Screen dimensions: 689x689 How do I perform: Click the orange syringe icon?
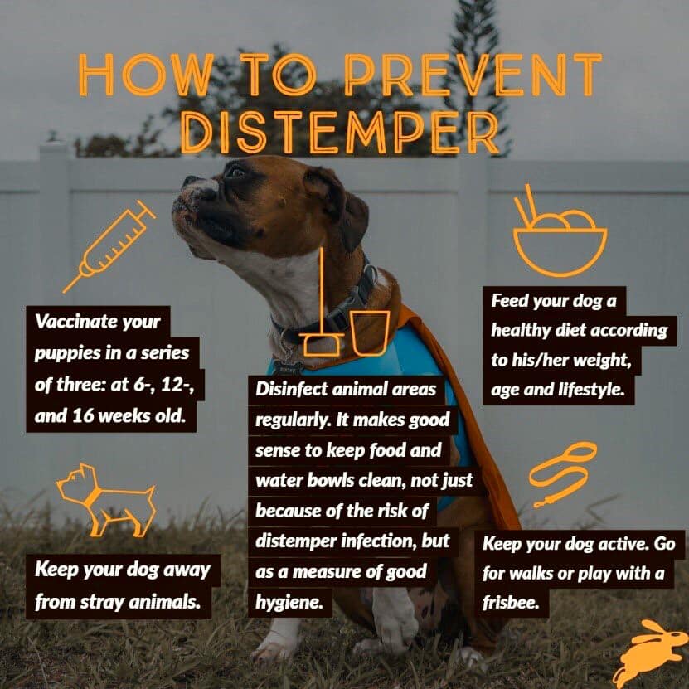click(109, 246)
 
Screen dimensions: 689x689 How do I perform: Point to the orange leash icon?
click(563, 474)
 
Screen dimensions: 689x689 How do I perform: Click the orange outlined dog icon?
click(106, 500)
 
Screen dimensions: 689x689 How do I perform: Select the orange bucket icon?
click(371, 332)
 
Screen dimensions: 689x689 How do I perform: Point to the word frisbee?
click(510, 603)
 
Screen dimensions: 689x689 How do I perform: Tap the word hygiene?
click(289, 603)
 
